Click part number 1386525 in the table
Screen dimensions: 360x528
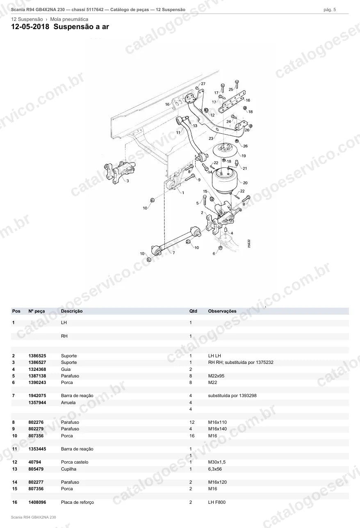point(37,356)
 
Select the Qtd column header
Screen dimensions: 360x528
point(193,311)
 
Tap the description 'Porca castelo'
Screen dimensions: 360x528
point(75,462)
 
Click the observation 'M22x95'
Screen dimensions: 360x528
point(216,376)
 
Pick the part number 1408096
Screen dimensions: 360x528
point(37,502)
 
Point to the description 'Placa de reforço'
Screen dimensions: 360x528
point(77,502)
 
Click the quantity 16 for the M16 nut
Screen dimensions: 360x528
point(192,436)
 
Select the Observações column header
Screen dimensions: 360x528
point(222,311)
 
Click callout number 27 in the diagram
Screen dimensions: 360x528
point(203,84)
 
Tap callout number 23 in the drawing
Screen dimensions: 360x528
point(211,138)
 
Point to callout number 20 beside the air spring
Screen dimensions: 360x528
point(245,183)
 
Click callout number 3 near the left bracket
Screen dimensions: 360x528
point(128,181)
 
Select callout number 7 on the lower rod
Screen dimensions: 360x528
point(173,253)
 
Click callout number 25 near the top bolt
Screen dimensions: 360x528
point(231,89)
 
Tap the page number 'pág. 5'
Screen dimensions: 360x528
point(330,10)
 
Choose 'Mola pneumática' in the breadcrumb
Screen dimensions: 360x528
point(69,19)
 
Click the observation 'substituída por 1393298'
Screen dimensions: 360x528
point(232,395)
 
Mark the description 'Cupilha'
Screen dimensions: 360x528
point(68,469)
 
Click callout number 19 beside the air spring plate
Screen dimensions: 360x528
point(244,155)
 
